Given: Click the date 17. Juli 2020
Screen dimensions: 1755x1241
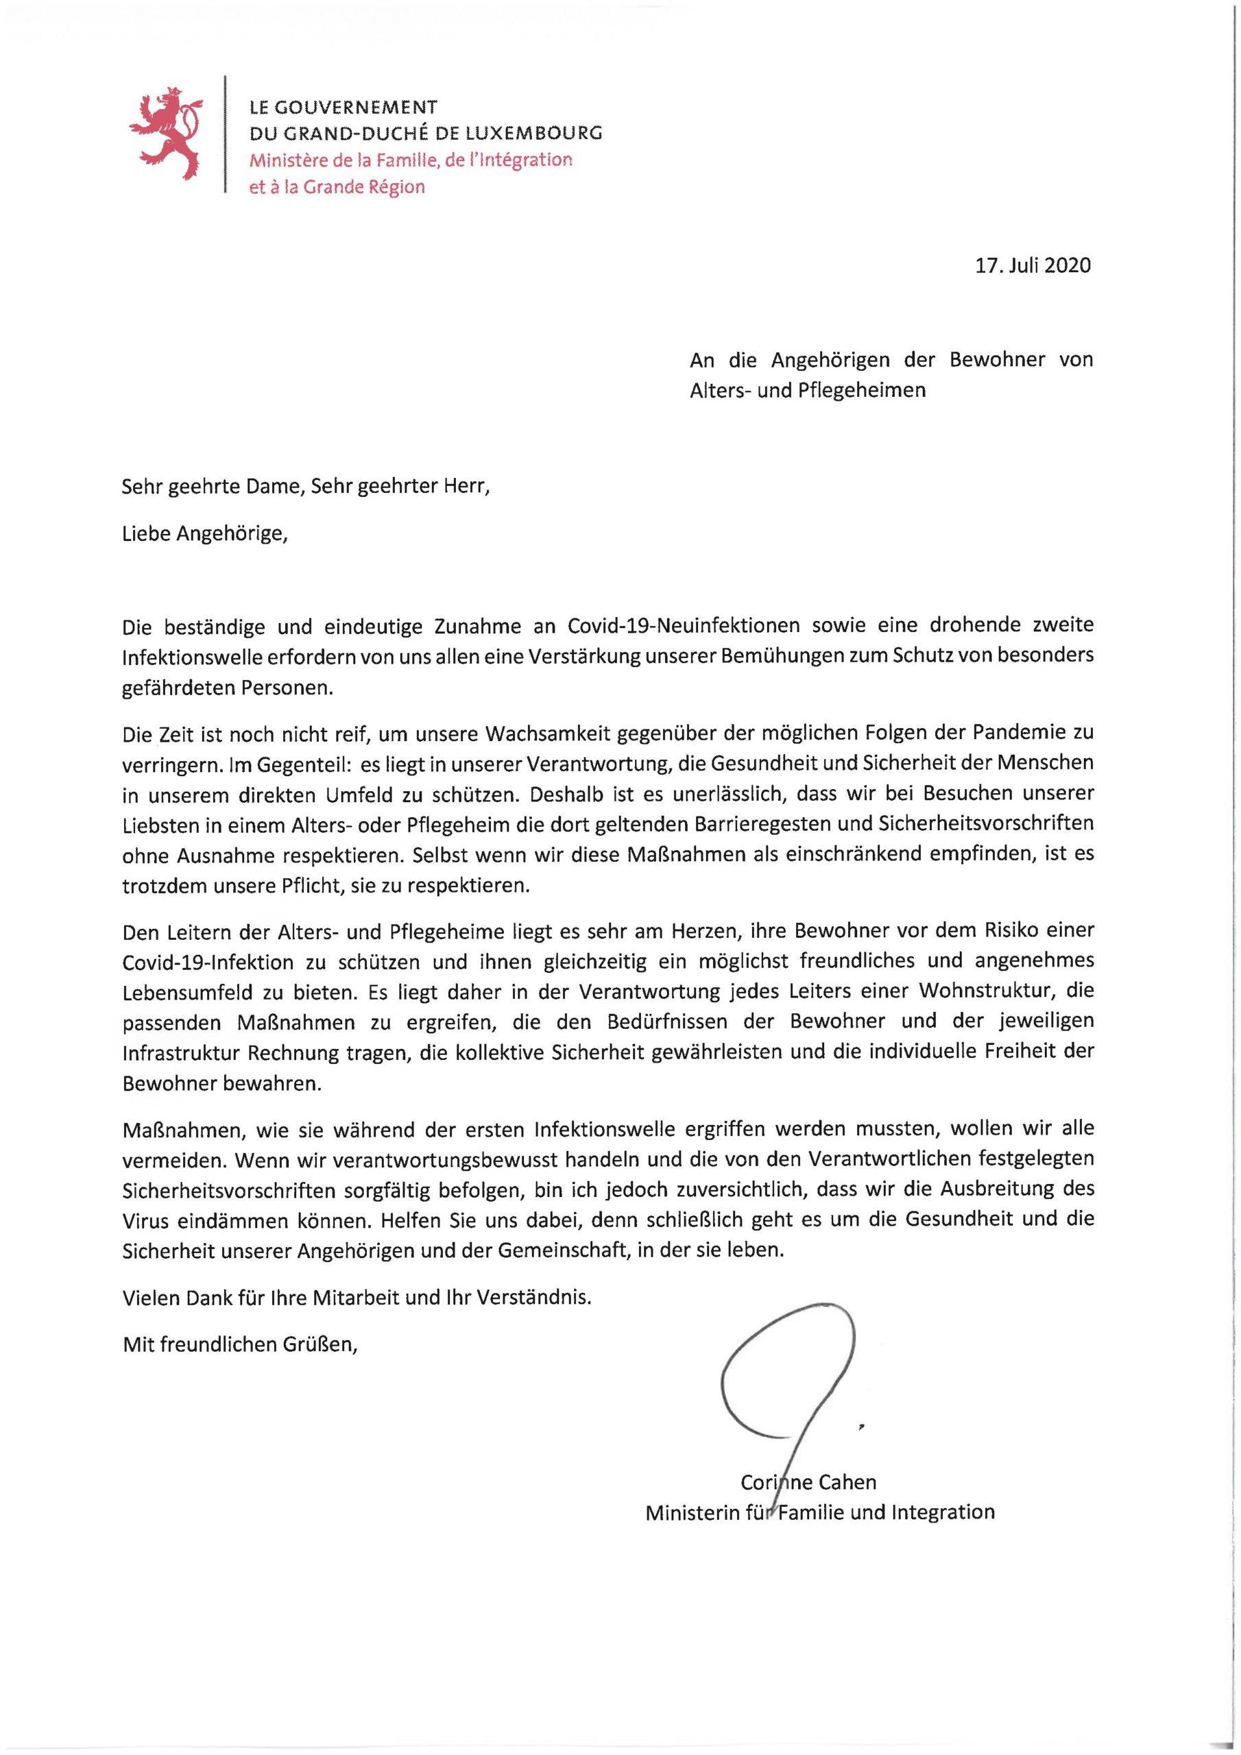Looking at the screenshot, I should [1034, 265].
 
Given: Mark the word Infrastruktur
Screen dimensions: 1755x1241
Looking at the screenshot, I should [181, 1052].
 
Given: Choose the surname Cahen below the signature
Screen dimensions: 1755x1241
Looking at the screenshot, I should [847, 1482].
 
